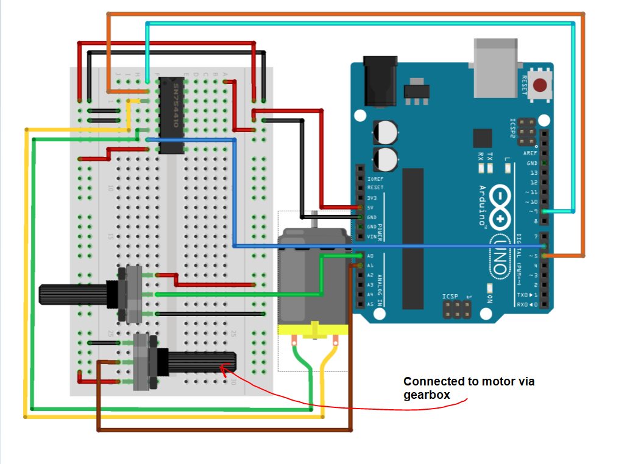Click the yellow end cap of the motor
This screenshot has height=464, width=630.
[x=313, y=330]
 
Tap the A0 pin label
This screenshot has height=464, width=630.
[x=371, y=256]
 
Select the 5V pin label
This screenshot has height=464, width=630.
[x=371, y=208]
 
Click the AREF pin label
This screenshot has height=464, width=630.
[x=530, y=153]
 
